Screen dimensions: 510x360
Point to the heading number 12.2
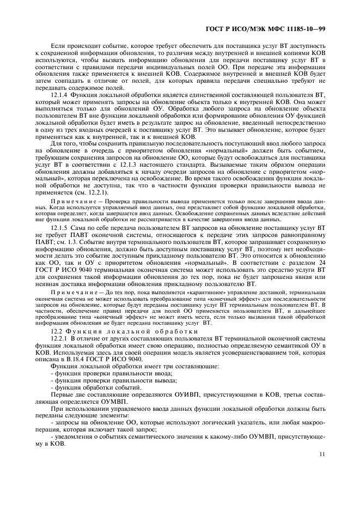pos(56,331)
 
